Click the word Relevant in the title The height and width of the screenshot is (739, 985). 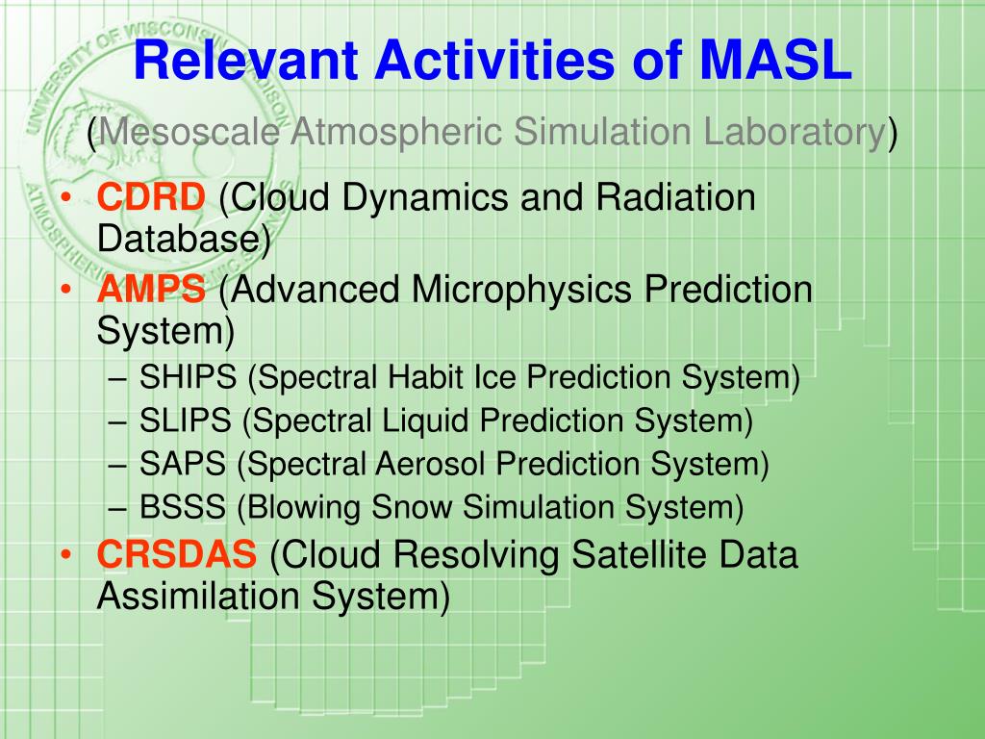click(245, 61)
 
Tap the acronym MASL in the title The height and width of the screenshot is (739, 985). click(775, 61)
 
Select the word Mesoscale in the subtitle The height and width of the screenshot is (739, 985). click(189, 133)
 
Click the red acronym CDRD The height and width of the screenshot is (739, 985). click(151, 196)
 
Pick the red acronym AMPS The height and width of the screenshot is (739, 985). click(151, 289)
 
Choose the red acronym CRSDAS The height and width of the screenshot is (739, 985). click(177, 554)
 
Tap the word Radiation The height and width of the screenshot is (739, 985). click(675, 196)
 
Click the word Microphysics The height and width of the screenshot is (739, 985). click(521, 289)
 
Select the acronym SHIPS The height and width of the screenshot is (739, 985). click(188, 377)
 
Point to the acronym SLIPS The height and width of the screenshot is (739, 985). click(186, 420)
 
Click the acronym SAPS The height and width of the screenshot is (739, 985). click(182, 464)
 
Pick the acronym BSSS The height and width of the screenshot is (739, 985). click(182, 506)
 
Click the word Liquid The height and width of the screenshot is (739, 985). click(425, 420)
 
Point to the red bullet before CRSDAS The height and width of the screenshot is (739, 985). click(66, 555)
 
